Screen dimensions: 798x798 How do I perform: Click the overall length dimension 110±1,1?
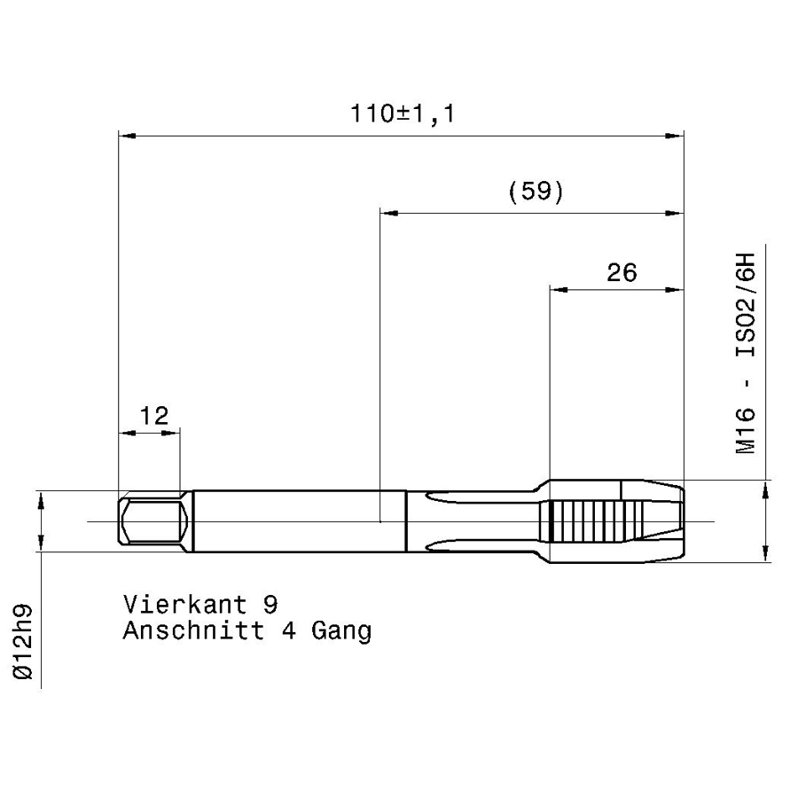click(x=403, y=113)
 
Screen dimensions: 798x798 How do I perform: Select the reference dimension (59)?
click(x=536, y=191)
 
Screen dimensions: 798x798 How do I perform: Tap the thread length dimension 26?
click(x=622, y=273)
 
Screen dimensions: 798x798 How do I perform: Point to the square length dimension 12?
click(x=153, y=416)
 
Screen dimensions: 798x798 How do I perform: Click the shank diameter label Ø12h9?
click(x=23, y=642)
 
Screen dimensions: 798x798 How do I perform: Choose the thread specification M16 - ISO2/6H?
click(x=746, y=353)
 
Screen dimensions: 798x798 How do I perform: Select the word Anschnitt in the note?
click(x=193, y=630)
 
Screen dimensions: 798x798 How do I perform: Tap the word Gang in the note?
click(x=341, y=632)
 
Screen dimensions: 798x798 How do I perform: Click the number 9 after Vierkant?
click(x=270, y=604)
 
